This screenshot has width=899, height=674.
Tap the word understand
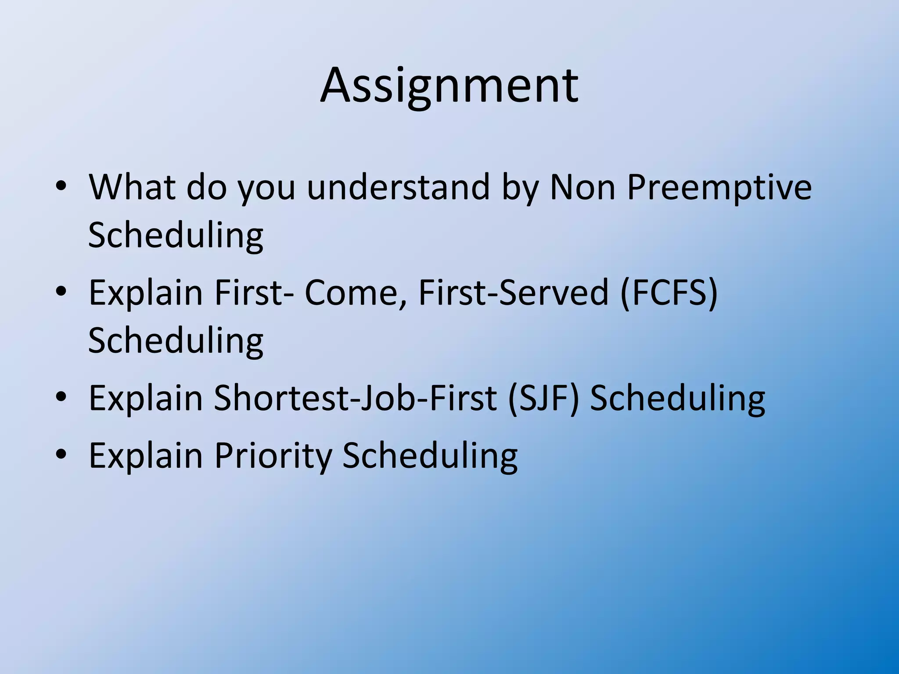pyautogui.click(x=398, y=187)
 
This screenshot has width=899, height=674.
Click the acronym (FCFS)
pyautogui.click(x=669, y=293)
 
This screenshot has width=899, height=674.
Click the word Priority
pyautogui.click(x=273, y=456)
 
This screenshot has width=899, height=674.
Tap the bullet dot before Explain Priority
pyautogui.click(x=61, y=455)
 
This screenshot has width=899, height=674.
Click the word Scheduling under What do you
pyautogui.click(x=176, y=236)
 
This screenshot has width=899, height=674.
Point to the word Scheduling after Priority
pyautogui.click(x=430, y=456)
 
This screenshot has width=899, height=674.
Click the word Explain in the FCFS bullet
pyautogui.click(x=146, y=293)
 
